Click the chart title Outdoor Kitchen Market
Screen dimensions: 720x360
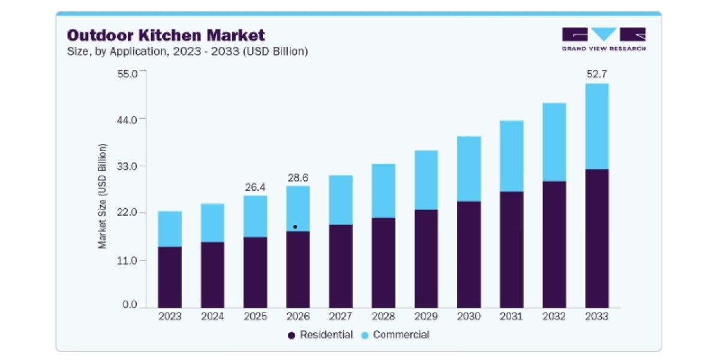[166, 35]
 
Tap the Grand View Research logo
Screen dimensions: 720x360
[604, 39]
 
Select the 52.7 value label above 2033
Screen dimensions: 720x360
[596, 74]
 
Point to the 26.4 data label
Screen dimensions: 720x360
[255, 187]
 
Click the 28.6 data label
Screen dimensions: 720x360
[298, 178]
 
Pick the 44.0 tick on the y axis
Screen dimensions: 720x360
[127, 120]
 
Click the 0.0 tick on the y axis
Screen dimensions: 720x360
[130, 304]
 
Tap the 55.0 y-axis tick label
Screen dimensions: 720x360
[127, 74]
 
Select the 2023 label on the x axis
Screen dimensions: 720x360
[170, 317]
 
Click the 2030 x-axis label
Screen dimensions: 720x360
[469, 317]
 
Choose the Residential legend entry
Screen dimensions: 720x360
[320, 335]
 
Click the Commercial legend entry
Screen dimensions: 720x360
[395, 335]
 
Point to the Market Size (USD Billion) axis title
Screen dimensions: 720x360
[102, 196]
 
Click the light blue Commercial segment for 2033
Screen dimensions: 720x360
[597, 127]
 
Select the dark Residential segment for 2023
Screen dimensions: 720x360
[170, 277]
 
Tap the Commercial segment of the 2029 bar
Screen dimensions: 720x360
[426, 180]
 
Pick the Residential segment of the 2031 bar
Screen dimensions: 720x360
[511, 250]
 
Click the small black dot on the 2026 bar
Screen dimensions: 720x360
[295, 227]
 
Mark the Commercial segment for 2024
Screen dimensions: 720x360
[212, 223]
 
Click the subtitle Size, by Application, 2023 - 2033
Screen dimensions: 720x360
[187, 52]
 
